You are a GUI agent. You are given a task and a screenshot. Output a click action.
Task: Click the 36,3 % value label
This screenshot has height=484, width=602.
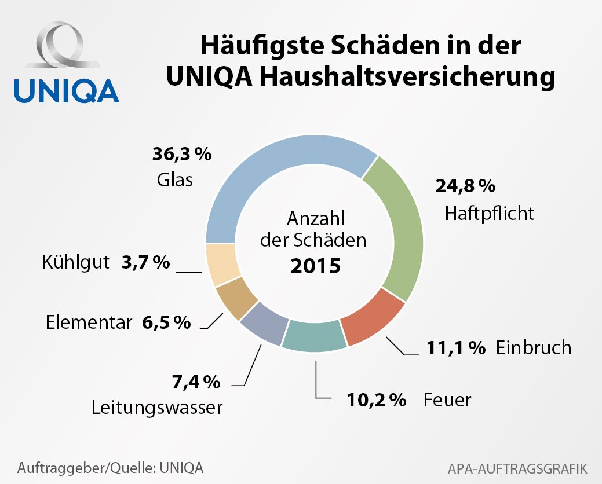[x=182, y=155]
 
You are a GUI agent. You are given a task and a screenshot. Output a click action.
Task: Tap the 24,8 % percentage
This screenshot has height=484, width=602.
[x=465, y=186]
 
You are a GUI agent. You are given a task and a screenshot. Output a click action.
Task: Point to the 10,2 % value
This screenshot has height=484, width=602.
[x=376, y=399]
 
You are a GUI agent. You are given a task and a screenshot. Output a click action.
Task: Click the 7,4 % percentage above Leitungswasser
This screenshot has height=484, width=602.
[x=196, y=382]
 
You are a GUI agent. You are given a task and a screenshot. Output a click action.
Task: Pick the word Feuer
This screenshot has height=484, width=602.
[x=447, y=399]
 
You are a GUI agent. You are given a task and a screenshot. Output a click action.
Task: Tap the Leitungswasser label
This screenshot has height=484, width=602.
[x=157, y=408]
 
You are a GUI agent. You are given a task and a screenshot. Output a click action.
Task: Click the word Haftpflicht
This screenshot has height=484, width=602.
[x=489, y=213]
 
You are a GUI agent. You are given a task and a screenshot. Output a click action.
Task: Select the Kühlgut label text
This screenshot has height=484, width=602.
[x=76, y=262]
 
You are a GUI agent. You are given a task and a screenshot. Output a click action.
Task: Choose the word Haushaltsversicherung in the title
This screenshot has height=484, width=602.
[x=399, y=77]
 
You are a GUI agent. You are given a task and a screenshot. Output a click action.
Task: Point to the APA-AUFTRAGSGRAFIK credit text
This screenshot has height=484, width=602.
[x=518, y=467]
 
